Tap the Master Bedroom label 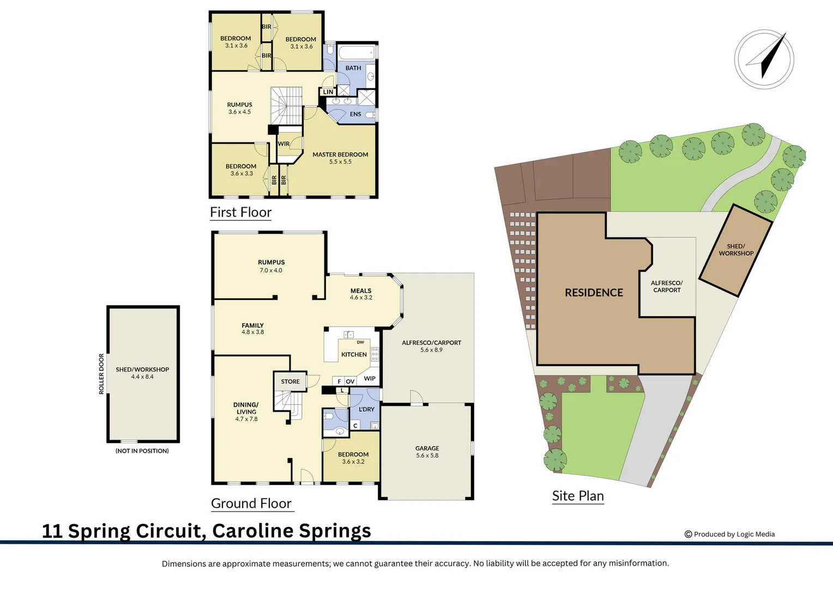click(340, 154)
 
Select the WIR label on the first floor click(283, 143)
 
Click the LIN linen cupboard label click(328, 92)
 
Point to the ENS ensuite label click(355, 114)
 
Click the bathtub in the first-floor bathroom click(357, 52)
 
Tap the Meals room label click(361, 291)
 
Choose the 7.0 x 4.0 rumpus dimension click(271, 271)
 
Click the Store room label click(291, 381)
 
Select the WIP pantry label click(370, 378)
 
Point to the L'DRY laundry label click(366, 409)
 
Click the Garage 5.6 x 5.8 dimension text click(427, 455)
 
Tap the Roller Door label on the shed click(101, 374)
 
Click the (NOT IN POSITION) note click(142, 451)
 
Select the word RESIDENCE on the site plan click(594, 293)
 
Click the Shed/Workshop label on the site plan click(736, 250)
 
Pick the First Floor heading click(240, 212)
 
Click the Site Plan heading click(578, 496)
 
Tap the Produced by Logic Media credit click(729, 534)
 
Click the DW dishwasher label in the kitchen click(360, 342)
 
